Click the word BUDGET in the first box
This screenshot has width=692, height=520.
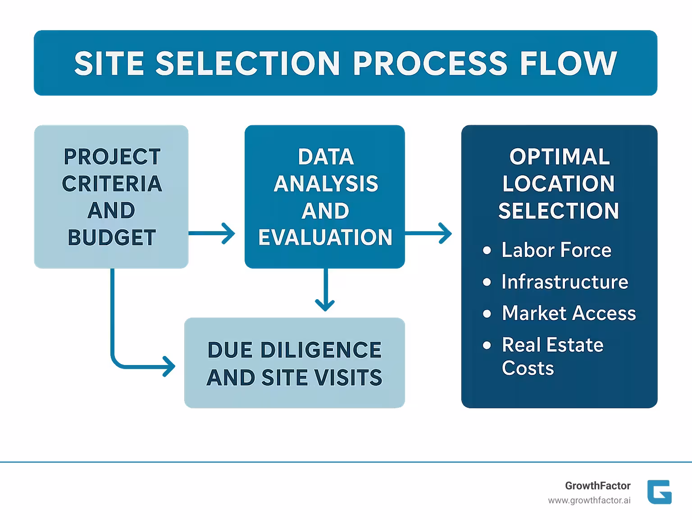click(x=111, y=237)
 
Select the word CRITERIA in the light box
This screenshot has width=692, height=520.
click(x=112, y=183)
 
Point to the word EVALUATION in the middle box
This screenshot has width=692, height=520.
click(x=325, y=237)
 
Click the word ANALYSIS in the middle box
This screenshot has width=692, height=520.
click(x=326, y=183)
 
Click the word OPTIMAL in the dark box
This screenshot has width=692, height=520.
click(x=559, y=157)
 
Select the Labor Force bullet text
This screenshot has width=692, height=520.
click(x=556, y=250)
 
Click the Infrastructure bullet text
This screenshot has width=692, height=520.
click(x=565, y=282)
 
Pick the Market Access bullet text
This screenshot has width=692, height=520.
click(x=569, y=313)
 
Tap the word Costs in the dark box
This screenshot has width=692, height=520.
click(x=528, y=368)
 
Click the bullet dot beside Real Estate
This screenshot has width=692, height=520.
click(x=487, y=346)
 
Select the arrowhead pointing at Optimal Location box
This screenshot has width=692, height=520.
click(x=446, y=233)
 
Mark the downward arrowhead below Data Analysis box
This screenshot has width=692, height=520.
click(x=325, y=306)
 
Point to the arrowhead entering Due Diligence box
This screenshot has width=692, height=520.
click(x=170, y=366)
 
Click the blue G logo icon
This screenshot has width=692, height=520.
click(x=659, y=492)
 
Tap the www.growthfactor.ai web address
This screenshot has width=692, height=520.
click(x=589, y=501)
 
